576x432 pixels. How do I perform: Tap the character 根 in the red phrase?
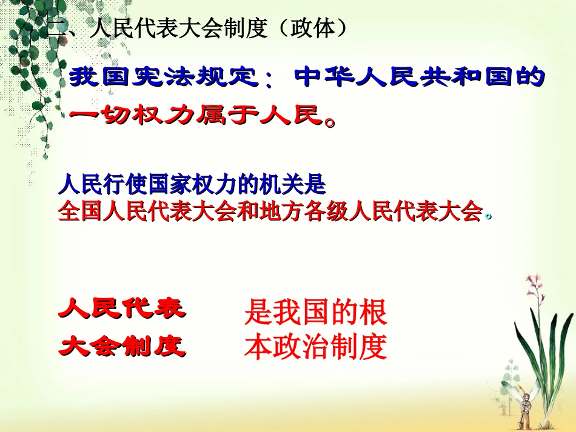(373, 313)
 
